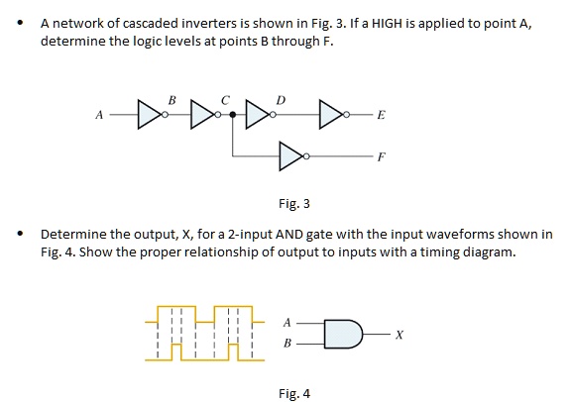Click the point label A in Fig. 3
point(98,115)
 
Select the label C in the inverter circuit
point(226,99)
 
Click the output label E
point(382,116)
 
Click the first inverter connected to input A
point(149,115)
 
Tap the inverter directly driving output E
point(332,115)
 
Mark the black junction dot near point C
point(233,115)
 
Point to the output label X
point(399,334)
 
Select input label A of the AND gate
point(286,322)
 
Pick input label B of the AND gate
point(286,344)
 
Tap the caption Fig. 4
point(293,393)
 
